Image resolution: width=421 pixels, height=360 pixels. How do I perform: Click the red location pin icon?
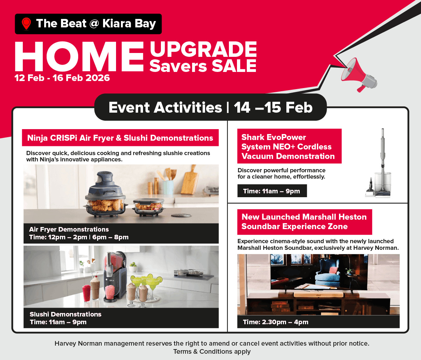[x=26, y=24]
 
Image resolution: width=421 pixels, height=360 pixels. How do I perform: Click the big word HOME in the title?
[x=79, y=57]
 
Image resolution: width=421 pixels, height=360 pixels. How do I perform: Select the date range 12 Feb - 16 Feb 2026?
[x=62, y=78]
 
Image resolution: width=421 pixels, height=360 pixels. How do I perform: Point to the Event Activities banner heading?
[x=210, y=107]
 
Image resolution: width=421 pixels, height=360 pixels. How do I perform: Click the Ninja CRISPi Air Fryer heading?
[x=120, y=138]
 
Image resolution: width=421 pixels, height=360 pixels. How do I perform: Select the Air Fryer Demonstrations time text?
[x=79, y=237]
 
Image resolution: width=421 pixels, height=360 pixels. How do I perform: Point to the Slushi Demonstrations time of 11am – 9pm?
[x=58, y=322]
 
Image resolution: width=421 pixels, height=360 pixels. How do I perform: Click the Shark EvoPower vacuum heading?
[x=288, y=147]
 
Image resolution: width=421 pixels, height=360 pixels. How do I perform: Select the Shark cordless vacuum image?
[x=379, y=163]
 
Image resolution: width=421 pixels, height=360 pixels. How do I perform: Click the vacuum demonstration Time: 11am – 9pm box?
[x=272, y=191]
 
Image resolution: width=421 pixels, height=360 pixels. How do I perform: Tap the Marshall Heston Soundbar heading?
[x=304, y=222]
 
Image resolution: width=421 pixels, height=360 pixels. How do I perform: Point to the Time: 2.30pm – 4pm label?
[x=276, y=322]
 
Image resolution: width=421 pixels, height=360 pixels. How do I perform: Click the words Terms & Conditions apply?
[x=212, y=352]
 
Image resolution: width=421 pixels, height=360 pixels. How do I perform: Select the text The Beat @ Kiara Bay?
[x=96, y=24]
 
